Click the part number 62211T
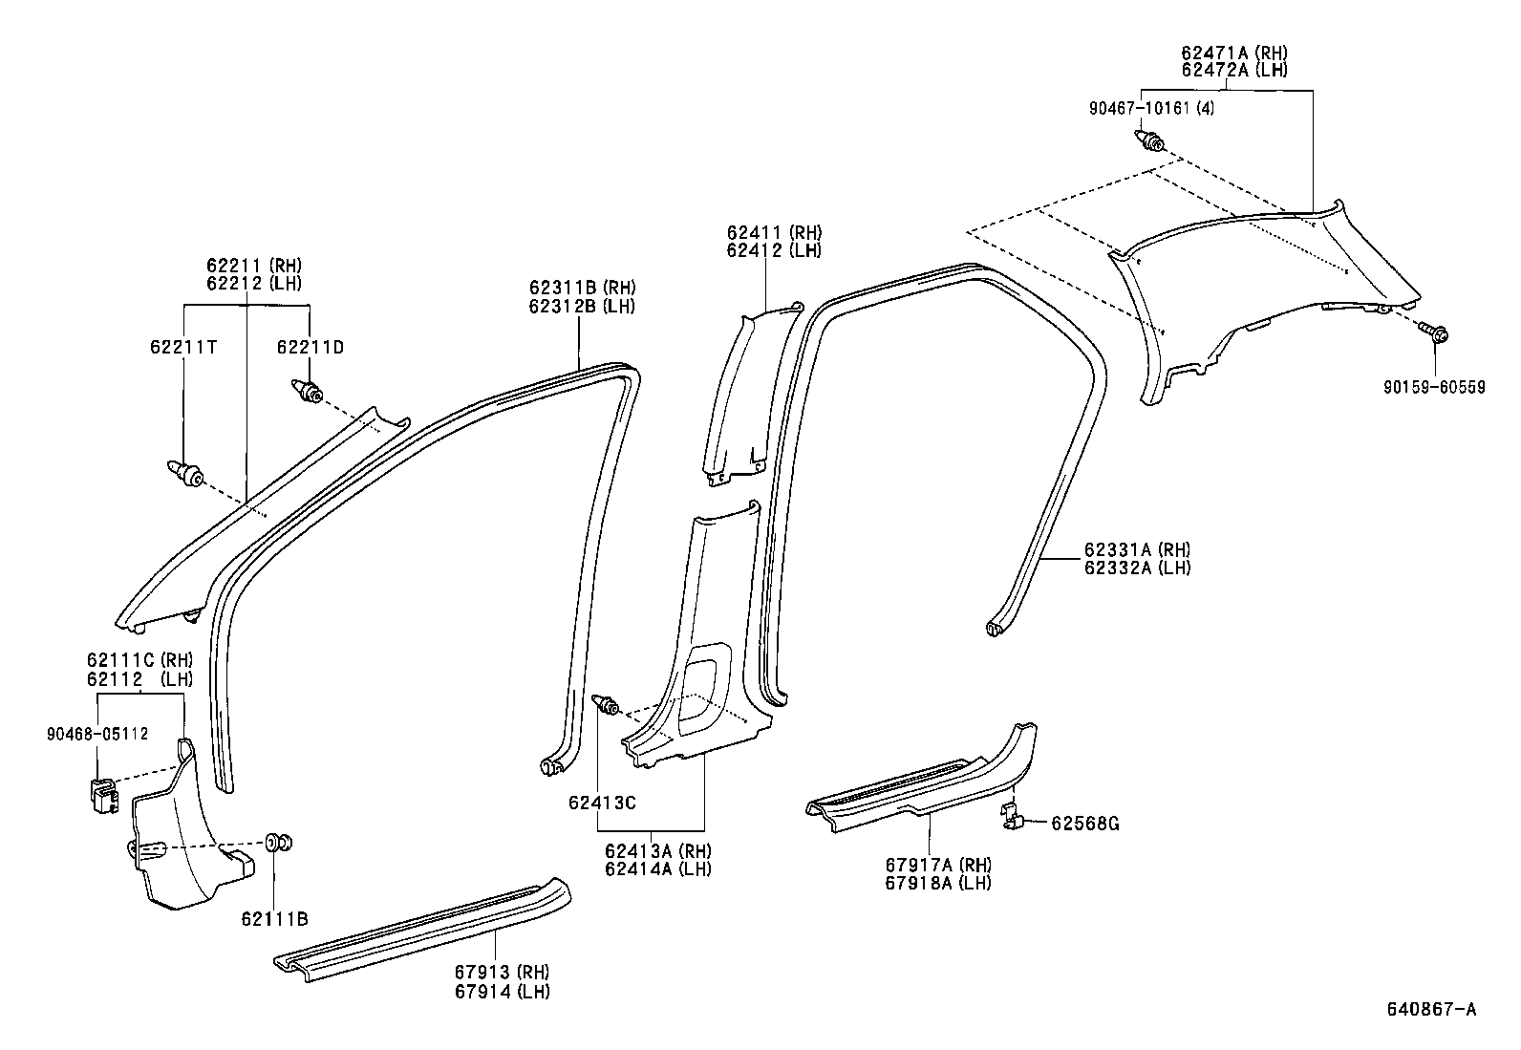(182, 347)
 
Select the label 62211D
(310, 347)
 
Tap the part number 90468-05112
(96, 734)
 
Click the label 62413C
(602, 803)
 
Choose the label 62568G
(1084, 823)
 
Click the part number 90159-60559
(1436, 388)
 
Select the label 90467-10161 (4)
(1152, 108)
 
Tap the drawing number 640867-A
(1431, 1009)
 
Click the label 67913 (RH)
(502, 972)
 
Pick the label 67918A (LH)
(937, 882)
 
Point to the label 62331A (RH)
(1137, 549)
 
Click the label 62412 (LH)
(773, 250)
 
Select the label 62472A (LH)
(1233, 69)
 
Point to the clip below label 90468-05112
(101, 794)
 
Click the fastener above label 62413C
(606, 706)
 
